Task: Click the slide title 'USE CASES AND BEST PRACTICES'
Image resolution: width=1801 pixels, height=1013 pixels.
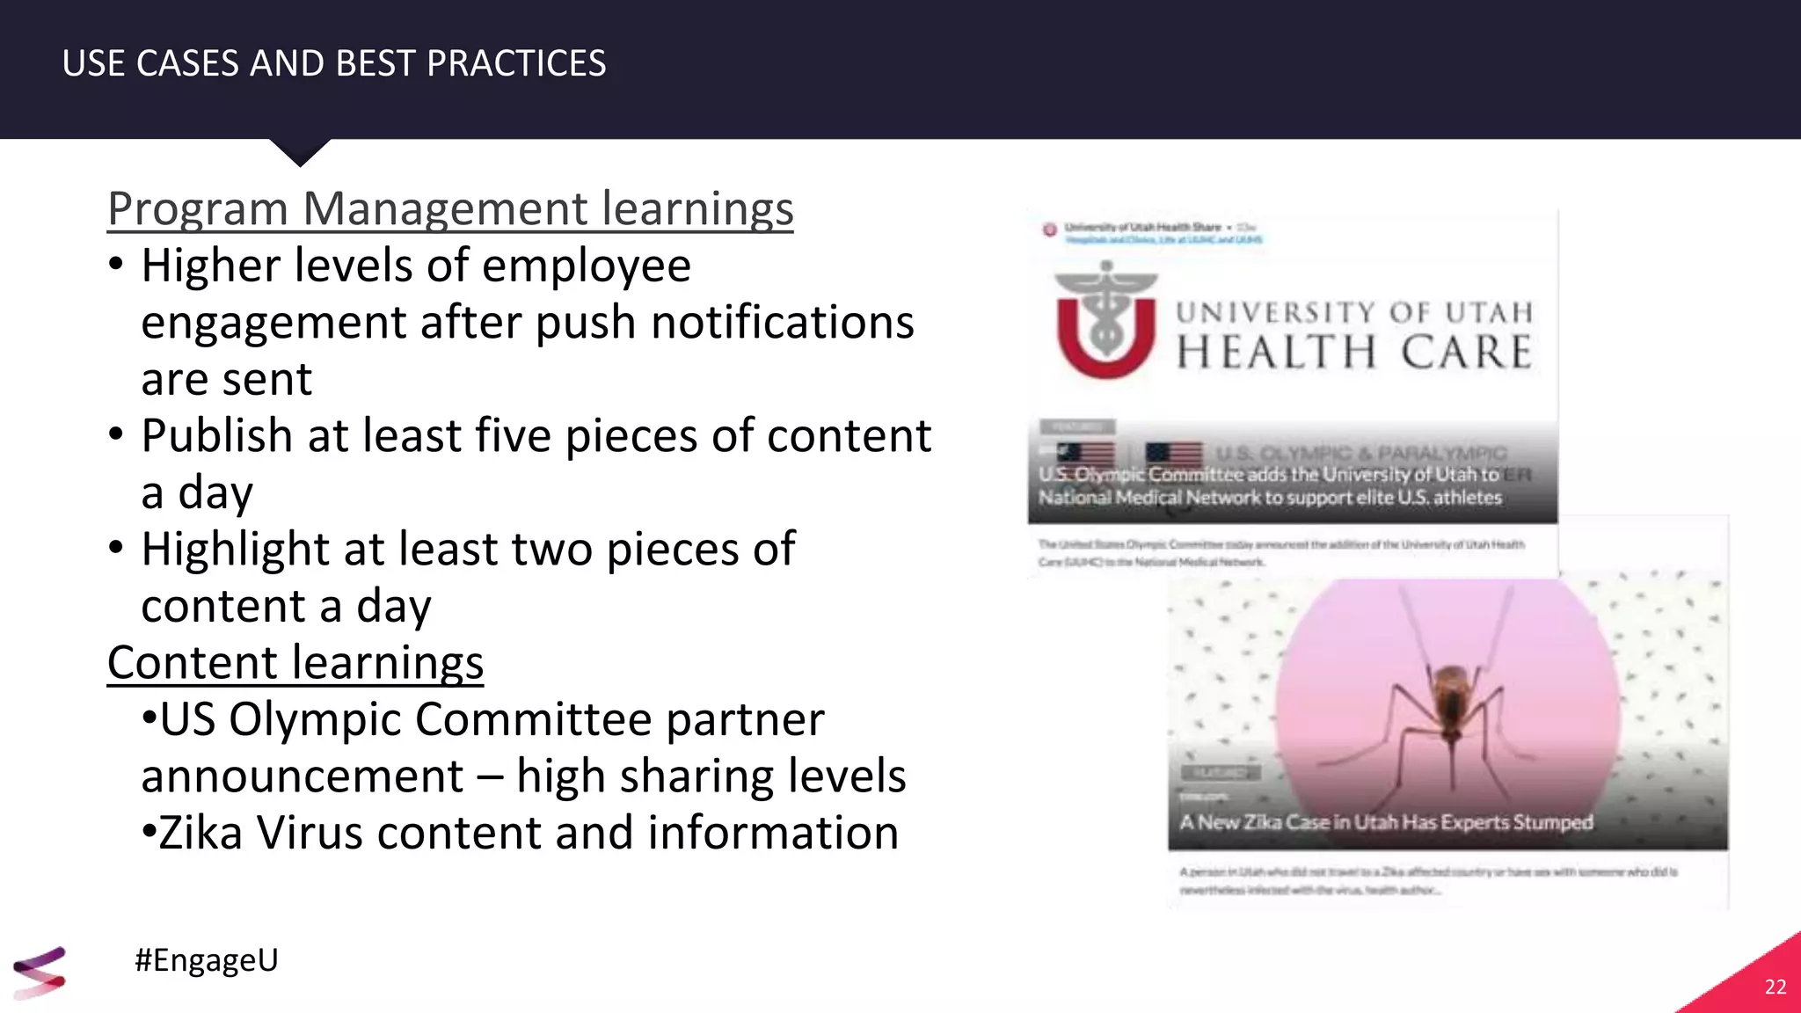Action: tap(334, 63)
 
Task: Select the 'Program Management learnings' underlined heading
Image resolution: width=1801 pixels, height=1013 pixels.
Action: tap(450, 209)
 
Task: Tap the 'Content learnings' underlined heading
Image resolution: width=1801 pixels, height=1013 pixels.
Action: tap(295, 663)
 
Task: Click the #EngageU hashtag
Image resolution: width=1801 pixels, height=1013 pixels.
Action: tap(207, 959)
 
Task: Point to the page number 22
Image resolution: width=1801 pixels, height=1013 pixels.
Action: tap(1775, 987)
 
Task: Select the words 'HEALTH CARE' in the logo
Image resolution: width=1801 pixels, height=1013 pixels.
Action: tap(1354, 352)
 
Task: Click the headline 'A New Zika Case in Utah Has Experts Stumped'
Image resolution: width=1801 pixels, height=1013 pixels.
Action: tap(1386, 822)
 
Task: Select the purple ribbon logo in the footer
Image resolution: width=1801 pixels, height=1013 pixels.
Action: tap(40, 972)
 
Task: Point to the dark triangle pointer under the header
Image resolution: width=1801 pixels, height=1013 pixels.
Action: tap(300, 151)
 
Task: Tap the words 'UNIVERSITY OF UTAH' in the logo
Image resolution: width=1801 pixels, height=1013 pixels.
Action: tap(1354, 312)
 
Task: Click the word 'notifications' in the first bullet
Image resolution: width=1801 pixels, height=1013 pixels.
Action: tap(783, 323)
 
